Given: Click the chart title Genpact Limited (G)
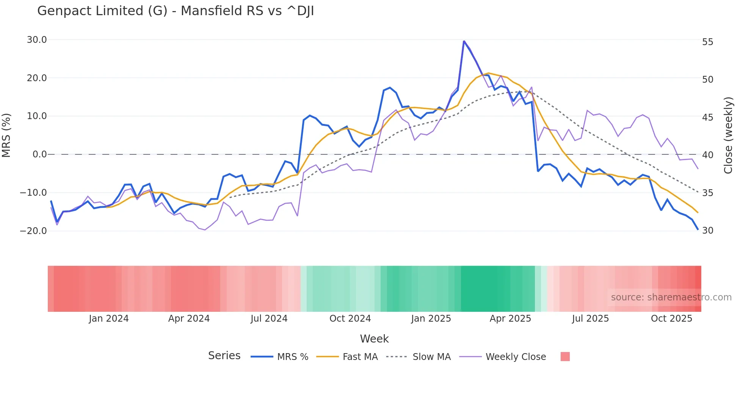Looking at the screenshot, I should tap(175, 11).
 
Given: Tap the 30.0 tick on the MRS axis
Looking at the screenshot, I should tap(37, 40).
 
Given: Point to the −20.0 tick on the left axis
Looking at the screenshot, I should tap(33, 231).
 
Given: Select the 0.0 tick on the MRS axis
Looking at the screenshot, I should tap(39, 154).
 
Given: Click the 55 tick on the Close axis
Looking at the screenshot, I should tap(707, 42).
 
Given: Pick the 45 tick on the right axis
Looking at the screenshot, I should tap(707, 117).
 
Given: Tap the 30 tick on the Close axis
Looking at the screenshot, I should tap(707, 231).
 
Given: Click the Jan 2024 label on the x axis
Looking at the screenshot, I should tap(109, 319).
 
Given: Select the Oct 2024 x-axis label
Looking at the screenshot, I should tap(350, 319).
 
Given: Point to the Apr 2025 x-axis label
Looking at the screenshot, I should tap(510, 319).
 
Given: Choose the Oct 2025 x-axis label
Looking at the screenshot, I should tap(671, 319).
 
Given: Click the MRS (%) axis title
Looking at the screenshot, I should tap(6, 135).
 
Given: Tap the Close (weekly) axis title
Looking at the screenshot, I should tap(728, 135).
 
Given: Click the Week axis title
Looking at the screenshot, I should tap(374, 339).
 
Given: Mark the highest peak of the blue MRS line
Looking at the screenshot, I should tap(464, 41).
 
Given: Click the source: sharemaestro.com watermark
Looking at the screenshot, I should tap(671, 297).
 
